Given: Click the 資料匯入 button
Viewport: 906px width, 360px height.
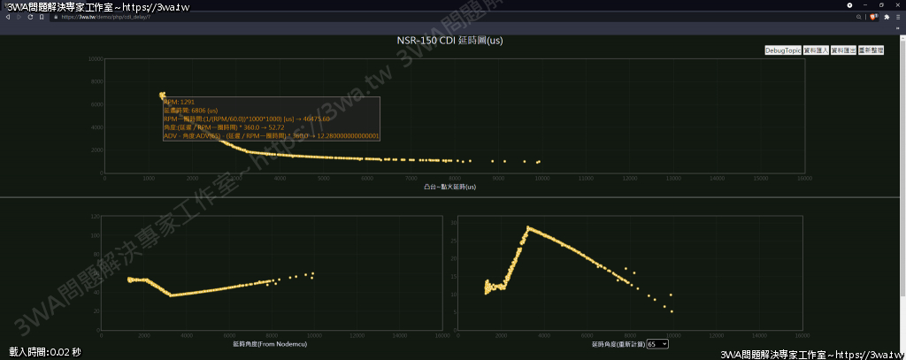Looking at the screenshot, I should coord(815,50).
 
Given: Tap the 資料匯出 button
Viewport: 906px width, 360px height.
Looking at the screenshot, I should coord(842,50).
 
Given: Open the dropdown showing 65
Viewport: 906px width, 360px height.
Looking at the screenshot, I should coord(657,343).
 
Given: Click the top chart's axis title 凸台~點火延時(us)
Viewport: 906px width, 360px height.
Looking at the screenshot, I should coord(450,187).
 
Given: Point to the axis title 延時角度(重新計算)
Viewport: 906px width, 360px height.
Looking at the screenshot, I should coord(616,343).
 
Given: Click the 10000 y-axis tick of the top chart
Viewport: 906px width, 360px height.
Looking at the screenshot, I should coord(96,59).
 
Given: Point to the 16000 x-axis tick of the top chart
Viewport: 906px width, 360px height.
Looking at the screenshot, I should coord(804,178).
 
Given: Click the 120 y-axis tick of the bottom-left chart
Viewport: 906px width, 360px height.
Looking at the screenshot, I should coord(95,216).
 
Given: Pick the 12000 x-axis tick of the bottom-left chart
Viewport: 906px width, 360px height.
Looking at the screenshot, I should coord(357,335).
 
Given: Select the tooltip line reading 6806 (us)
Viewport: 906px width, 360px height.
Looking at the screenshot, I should coord(191,111).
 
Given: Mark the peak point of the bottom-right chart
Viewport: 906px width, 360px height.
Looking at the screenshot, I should coord(528,227).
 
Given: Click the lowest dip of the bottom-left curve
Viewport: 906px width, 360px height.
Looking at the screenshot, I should coord(170,295).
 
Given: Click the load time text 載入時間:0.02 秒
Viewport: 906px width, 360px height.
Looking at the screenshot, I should coord(45,352).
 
